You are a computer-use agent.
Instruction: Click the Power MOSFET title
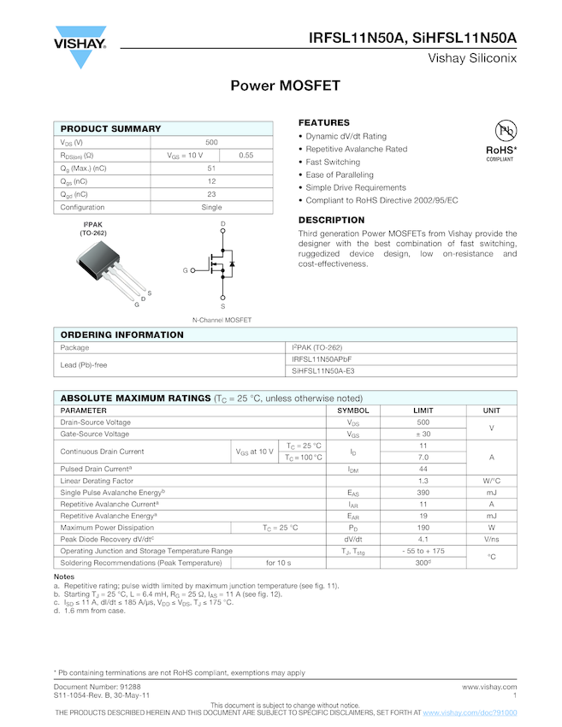(286, 86)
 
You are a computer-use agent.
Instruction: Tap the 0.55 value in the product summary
(246, 155)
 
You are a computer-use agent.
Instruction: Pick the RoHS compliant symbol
(501, 140)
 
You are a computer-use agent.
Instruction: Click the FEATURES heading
(323, 122)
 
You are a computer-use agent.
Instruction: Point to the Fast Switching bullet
(333, 162)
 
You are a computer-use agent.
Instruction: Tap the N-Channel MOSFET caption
(222, 319)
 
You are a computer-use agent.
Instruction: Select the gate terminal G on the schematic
(185, 270)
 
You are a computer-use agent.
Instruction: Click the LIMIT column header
(423, 411)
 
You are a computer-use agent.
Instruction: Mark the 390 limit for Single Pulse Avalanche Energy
(423, 493)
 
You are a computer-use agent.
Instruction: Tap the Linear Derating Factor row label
(97, 481)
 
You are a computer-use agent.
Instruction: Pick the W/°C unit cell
(491, 481)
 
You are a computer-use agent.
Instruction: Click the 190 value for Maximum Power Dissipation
(423, 528)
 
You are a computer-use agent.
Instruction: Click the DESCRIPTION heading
(331, 220)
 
